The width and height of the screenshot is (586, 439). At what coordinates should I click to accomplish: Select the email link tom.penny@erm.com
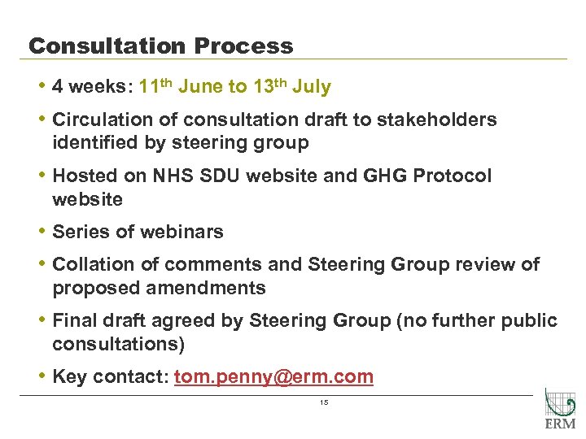click(273, 377)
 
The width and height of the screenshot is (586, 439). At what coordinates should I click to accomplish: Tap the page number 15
click(323, 404)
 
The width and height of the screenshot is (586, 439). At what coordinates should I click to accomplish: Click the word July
click(310, 86)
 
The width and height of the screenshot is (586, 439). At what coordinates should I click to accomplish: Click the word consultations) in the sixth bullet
click(118, 344)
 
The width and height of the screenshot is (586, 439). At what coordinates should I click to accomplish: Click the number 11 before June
click(149, 86)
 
